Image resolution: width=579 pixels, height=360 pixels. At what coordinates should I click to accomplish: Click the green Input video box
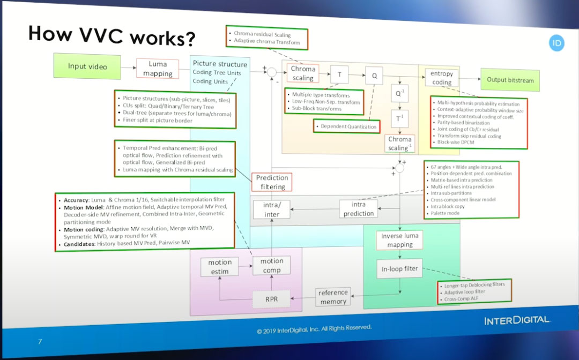tap(87, 66)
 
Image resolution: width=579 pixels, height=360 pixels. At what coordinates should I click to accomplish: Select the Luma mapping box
tap(157, 69)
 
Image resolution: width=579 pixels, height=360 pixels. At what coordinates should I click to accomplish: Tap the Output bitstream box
tap(510, 80)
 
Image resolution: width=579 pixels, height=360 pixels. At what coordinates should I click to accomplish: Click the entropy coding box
tap(442, 78)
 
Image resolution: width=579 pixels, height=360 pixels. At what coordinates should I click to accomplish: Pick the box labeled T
tap(339, 75)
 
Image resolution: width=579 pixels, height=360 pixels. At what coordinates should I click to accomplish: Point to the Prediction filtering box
tap(272, 182)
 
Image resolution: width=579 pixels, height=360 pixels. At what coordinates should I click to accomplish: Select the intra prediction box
tap(359, 209)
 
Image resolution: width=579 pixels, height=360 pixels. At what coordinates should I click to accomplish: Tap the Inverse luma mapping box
tap(400, 240)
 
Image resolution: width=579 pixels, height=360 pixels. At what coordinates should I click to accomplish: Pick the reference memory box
tap(333, 297)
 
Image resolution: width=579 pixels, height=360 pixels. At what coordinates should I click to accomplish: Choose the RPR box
tap(271, 299)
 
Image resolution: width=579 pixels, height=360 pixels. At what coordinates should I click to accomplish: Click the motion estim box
tap(220, 267)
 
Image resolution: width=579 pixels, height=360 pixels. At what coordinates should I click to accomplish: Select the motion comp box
tap(272, 266)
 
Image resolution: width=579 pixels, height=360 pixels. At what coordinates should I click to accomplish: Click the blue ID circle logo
tap(557, 43)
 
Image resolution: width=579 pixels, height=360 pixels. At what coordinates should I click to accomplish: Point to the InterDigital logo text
tap(517, 320)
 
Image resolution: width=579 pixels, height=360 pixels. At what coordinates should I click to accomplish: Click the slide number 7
tap(39, 341)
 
